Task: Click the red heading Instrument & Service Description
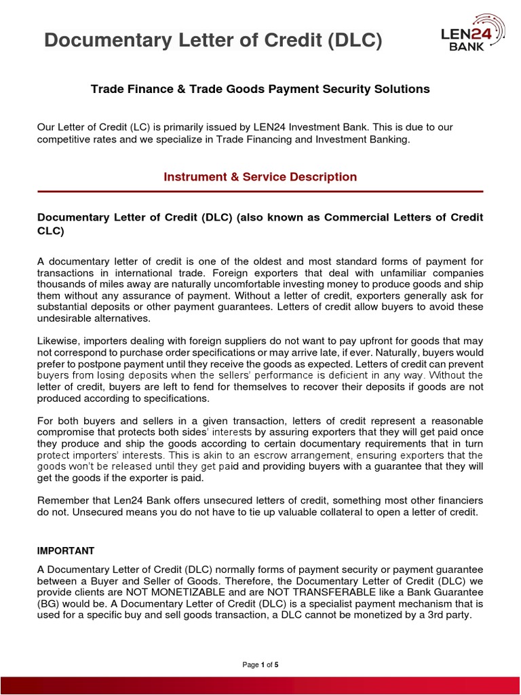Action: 260,177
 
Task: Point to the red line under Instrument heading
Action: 260,191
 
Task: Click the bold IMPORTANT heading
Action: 66,550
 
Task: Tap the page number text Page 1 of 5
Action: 260,664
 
